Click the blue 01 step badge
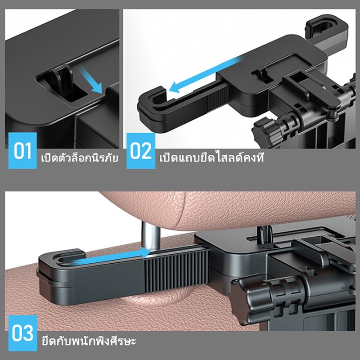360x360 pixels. pos(22,151)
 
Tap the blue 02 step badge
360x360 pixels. pos(141,151)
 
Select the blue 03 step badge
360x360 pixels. pos(22,333)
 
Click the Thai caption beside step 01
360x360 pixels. pos(80,157)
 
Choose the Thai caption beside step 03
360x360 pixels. pos(89,341)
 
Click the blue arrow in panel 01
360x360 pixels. pos(90,79)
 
